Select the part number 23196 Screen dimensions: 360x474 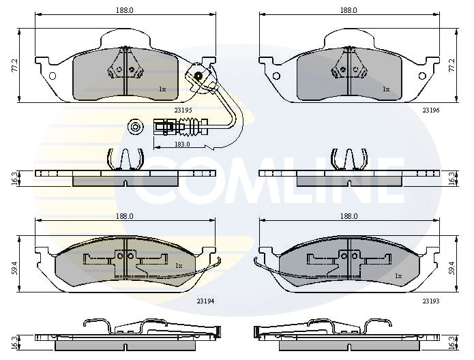430,109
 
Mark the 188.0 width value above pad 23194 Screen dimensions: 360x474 123,216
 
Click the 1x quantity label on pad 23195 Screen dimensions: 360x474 162,89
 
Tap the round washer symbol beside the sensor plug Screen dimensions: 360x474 135,127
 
